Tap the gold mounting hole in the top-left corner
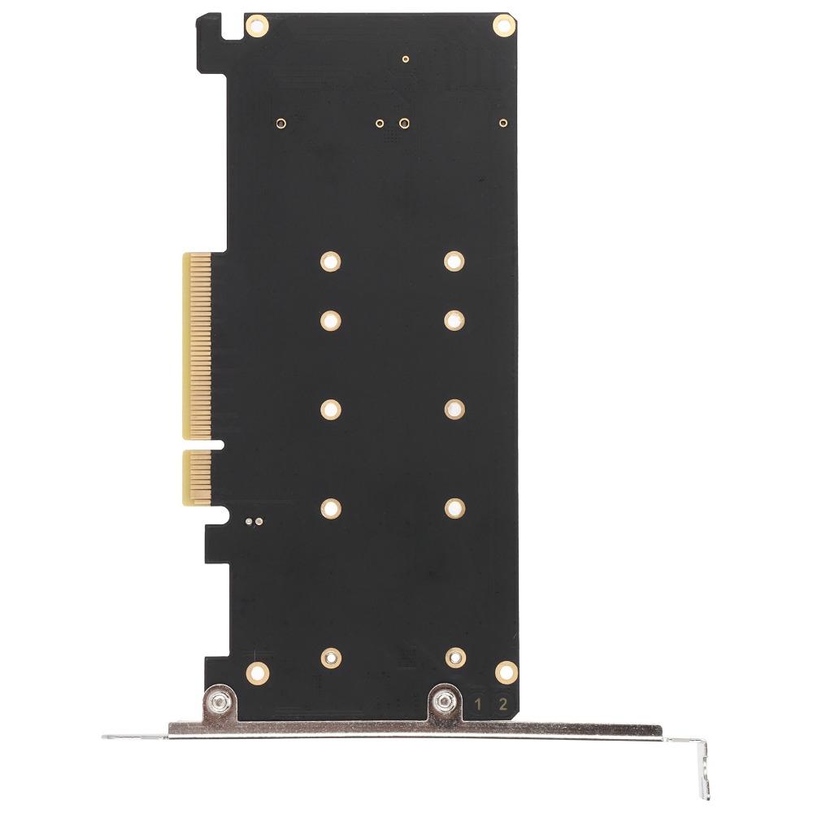[257, 26]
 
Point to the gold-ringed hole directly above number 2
[505, 672]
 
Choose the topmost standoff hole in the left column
[330, 261]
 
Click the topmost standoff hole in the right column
[454, 261]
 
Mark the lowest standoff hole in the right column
[455, 655]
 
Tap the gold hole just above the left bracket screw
[258, 672]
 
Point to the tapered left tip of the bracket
[110, 737]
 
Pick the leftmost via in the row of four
[280, 124]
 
